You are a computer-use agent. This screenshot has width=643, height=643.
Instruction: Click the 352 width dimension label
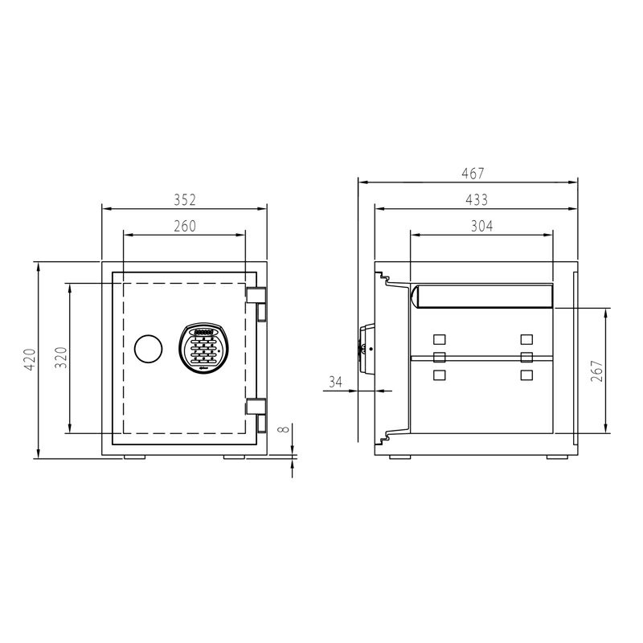(x=185, y=199)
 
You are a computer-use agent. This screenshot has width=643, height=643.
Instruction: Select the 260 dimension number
(x=185, y=226)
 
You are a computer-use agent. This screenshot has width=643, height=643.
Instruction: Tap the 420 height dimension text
(x=30, y=359)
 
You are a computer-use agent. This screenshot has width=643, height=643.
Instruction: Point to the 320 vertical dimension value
(x=61, y=358)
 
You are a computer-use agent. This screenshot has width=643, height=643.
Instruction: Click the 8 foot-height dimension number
(x=284, y=429)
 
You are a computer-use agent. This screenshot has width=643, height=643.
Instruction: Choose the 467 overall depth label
(x=473, y=174)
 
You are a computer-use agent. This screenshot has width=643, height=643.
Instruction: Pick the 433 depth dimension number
(x=477, y=199)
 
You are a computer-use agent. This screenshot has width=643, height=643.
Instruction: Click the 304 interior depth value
(x=481, y=226)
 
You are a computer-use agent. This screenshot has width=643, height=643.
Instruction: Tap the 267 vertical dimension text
(x=596, y=371)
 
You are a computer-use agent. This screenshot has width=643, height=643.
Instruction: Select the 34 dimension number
(x=335, y=383)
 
